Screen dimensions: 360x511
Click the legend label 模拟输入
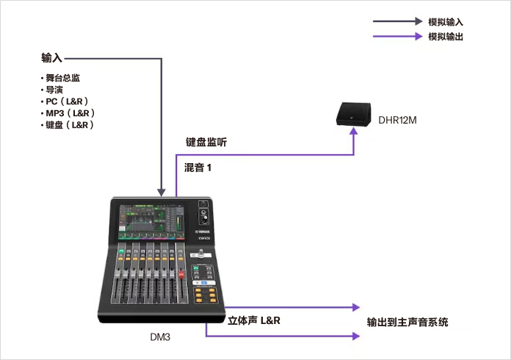point(445,22)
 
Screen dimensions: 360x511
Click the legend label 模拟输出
point(445,37)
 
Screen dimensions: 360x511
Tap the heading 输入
point(52,57)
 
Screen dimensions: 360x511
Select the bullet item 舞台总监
point(62,77)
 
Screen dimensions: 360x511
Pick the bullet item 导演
point(54,89)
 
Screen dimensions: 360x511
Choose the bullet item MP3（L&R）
point(70,113)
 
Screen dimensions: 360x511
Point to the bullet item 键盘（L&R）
point(69,125)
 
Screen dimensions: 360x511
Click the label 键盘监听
point(206,143)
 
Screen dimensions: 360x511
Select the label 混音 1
point(197,168)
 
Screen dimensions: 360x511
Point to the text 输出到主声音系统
point(407,322)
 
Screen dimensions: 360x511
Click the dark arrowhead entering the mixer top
point(162,190)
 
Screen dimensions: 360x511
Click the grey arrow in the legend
point(396,22)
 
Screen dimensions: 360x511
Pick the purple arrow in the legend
point(396,37)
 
